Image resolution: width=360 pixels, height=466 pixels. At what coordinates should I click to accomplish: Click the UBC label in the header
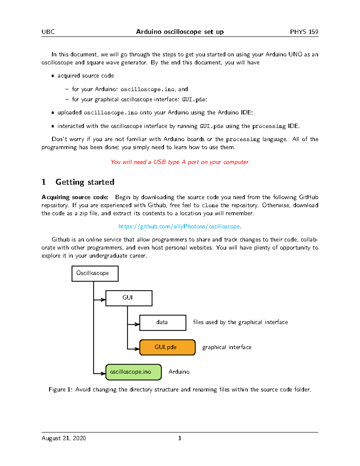[x=48, y=32]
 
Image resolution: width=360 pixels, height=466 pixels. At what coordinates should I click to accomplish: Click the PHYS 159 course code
[x=304, y=32]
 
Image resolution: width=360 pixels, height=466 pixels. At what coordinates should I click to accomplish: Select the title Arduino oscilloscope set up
[x=180, y=32]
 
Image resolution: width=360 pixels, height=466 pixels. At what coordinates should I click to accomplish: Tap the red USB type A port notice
[x=180, y=162]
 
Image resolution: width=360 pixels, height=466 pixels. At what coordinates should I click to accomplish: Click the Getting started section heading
[x=85, y=182]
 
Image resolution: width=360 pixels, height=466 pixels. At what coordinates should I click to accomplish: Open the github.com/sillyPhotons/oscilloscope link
[x=179, y=226]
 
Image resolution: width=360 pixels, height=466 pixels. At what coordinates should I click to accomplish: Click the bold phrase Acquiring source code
[x=75, y=197]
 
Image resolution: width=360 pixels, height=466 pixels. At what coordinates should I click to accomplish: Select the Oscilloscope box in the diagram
[x=95, y=273]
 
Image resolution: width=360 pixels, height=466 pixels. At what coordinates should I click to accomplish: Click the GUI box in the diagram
[x=129, y=298]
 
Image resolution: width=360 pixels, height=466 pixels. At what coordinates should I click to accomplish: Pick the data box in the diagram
[x=163, y=323]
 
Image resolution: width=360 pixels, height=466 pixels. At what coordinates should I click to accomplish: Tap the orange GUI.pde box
[x=167, y=347]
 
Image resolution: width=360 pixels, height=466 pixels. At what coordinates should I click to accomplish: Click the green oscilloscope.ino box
[x=133, y=372]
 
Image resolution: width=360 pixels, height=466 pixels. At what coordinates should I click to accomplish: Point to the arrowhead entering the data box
[x=137, y=324]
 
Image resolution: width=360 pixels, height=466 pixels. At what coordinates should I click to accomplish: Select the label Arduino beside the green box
[x=179, y=372]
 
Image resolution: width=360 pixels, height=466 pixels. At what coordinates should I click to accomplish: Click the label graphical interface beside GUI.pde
[x=227, y=347]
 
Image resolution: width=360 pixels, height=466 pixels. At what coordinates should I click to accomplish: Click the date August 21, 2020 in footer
[x=64, y=438]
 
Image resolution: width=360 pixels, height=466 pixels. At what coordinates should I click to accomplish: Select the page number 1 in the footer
[x=180, y=438]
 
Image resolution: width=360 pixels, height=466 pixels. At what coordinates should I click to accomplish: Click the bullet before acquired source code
[x=53, y=76]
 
